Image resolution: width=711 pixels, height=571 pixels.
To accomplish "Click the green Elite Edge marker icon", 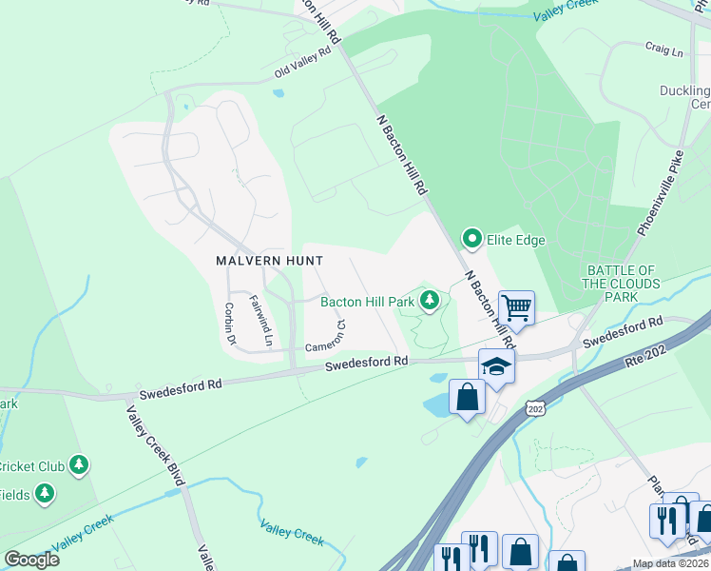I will [471, 238].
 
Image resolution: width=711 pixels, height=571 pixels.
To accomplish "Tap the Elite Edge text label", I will [516, 240].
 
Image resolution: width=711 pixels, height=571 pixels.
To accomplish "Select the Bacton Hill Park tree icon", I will [431, 302].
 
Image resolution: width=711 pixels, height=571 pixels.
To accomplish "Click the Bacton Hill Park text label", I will [367, 302].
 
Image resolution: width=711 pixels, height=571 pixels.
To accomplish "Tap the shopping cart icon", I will [516, 308].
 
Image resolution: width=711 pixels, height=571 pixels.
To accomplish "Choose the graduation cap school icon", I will [495, 365].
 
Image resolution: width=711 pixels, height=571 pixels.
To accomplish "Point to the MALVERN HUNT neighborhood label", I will [268, 261].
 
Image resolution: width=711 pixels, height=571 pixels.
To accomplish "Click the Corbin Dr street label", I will [229, 323].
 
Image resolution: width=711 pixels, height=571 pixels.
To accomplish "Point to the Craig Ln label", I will [663, 50].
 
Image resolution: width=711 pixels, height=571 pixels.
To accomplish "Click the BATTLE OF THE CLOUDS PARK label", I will [621, 284].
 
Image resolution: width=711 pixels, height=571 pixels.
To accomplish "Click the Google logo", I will [31, 559].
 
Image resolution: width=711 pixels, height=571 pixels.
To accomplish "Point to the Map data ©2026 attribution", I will [670, 563].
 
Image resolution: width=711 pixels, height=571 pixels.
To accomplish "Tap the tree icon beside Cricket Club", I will [79, 465].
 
